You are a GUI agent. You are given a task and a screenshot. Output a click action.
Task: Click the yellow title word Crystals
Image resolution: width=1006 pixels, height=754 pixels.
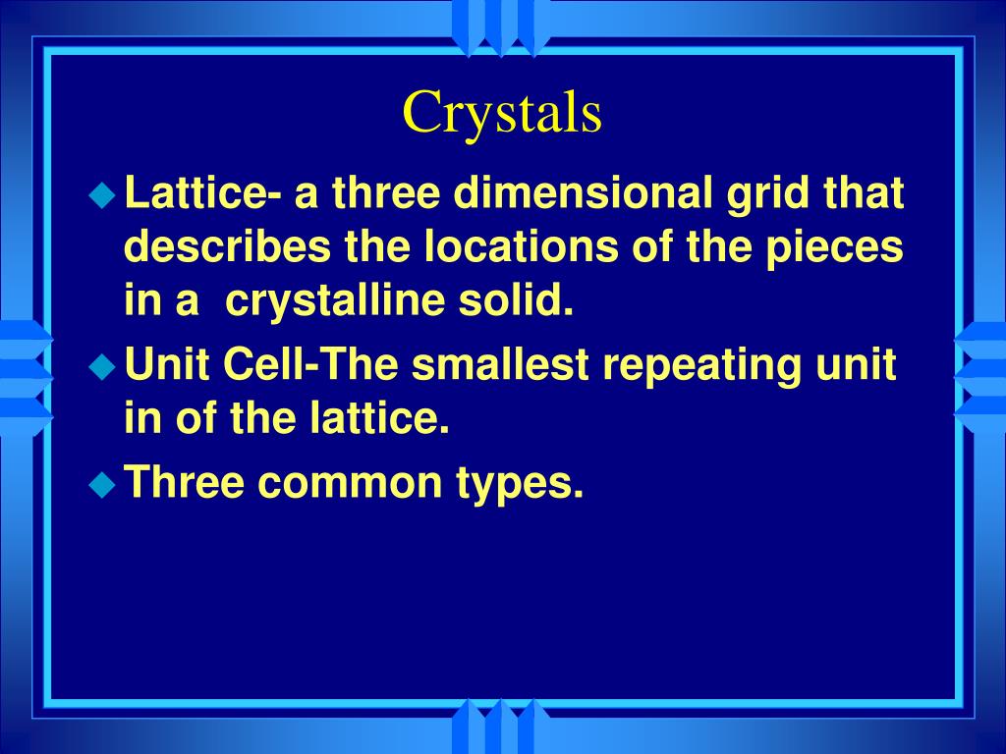tap(502, 113)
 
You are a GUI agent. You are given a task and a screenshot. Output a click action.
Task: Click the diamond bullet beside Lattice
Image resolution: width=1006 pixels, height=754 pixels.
tap(101, 195)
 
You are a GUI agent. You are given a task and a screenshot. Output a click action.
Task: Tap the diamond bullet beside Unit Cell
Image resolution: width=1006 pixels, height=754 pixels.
tap(101, 366)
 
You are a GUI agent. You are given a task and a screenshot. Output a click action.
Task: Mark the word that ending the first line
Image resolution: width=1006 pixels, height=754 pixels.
tap(864, 194)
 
